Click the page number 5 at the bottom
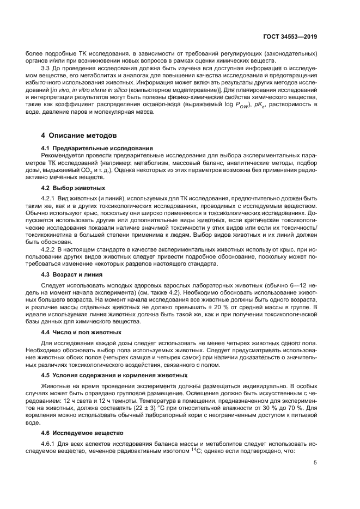(315, 463)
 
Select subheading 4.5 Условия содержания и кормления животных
(114, 375)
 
